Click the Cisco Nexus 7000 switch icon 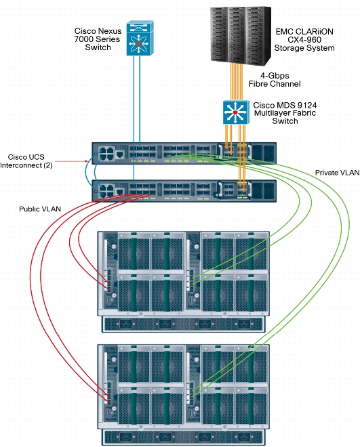[x=140, y=38]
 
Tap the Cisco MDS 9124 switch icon [x=236, y=112]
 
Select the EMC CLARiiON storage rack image [x=241, y=35]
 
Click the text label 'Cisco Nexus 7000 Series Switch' [x=98, y=39]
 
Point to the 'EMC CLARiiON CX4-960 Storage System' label [x=304, y=40]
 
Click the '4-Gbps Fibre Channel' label [x=275, y=80]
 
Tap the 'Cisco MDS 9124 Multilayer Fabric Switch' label [x=285, y=113]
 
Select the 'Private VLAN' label [x=337, y=173]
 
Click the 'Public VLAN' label [x=40, y=209]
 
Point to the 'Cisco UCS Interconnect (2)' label [x=26, y=161]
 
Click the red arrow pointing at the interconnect [x=71, y=161]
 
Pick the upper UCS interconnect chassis [x=184, y=153]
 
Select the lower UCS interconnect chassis [x=184, y=191]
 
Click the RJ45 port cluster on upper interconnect [x=106, y=153]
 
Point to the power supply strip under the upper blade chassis [x=184, y=324]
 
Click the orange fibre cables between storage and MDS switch [x=237, y=82]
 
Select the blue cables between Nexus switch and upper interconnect [x=137, y=99]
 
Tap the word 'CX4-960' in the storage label [x=304, y=40]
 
